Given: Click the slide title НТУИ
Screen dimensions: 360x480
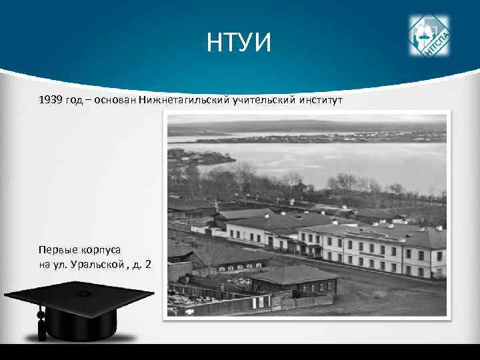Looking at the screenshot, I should point(239,44).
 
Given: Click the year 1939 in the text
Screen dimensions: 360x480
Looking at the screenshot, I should point(51,100).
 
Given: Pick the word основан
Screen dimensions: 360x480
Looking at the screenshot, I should point(116,100).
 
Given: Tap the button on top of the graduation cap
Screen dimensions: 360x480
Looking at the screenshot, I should point(83,293).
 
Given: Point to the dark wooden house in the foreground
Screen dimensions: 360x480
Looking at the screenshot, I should point(293,280).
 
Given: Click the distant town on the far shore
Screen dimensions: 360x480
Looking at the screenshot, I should point(333,137).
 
